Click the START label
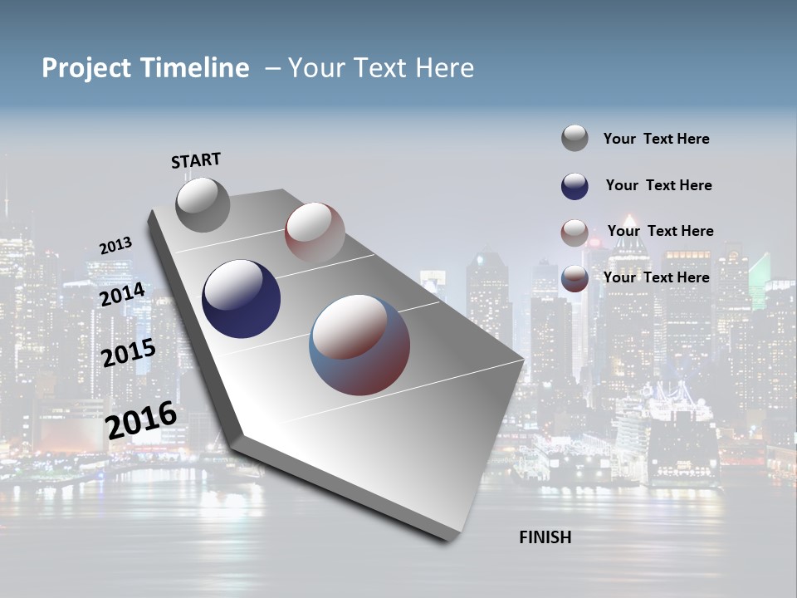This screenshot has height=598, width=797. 196,160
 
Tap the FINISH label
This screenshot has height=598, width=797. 545,537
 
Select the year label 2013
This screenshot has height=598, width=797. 115,246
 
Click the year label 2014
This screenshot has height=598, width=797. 123,294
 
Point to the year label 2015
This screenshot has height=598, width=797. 129,353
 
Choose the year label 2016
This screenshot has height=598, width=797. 141,420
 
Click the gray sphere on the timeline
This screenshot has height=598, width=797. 203,205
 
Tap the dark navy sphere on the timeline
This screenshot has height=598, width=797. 241,299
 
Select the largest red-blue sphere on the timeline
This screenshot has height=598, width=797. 359,345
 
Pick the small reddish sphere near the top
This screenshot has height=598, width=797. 315,233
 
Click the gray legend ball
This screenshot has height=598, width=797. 575,138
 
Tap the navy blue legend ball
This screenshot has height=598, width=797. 575,186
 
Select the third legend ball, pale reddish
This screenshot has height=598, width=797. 575,233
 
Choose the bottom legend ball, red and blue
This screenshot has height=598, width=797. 575,278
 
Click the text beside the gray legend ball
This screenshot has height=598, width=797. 656,140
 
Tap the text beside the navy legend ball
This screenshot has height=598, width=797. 658,185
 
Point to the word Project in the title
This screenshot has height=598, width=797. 86,68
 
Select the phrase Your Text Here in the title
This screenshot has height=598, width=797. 381,68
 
